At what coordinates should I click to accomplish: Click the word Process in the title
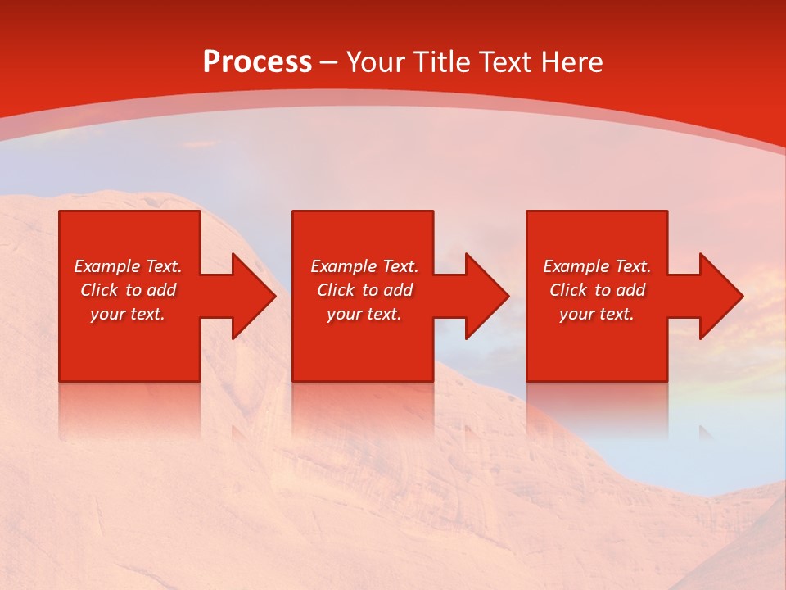click(257, 62)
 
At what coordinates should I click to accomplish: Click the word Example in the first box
click(106, 266)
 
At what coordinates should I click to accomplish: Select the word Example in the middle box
click(343, 266)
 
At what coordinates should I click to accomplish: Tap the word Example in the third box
click(576, 266)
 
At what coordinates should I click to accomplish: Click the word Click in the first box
click(99, 290)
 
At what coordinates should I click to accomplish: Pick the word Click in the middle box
click(336, 290)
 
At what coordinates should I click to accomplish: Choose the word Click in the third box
click(568, 290)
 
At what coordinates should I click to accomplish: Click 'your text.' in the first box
click(128, 314)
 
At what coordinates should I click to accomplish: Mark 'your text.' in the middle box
click(364, 314)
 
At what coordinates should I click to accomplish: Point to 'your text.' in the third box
click(597, 314)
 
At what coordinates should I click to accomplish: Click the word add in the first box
click(161, 290)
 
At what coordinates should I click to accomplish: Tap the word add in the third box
click(630, 290)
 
